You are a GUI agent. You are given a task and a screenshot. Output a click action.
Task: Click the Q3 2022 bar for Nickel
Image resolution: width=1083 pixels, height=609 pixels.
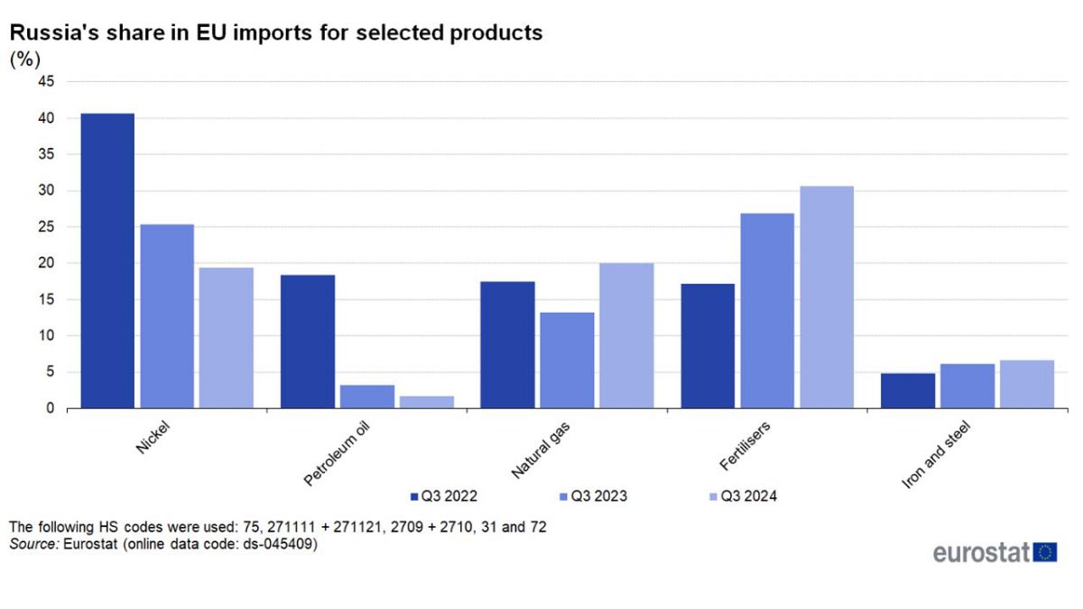[x=107, y=261]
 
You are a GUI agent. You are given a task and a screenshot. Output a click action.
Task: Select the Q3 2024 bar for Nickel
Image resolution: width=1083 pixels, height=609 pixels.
[x=227, y=338]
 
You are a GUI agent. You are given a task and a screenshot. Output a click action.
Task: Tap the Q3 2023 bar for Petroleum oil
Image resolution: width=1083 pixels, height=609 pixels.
[x=367, y=397]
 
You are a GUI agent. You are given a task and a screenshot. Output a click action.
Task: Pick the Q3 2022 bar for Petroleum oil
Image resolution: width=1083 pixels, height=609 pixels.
[x=308, y=342]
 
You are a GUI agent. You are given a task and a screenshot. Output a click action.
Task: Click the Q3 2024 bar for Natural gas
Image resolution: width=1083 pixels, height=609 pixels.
[x=626, y=336]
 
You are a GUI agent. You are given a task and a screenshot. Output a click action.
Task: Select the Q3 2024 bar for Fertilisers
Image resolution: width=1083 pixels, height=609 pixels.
[x=827, y=298]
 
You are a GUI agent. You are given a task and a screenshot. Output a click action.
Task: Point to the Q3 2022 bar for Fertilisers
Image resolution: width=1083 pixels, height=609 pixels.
[x=708, y=346]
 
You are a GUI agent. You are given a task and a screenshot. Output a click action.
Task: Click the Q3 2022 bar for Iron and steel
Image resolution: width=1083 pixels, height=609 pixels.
[x=908, y=391]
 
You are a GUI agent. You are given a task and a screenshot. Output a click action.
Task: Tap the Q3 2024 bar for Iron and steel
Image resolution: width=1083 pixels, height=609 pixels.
[x=1027, y=384]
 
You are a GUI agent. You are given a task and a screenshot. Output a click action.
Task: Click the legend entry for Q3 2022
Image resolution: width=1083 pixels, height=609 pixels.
[x=443, y=496]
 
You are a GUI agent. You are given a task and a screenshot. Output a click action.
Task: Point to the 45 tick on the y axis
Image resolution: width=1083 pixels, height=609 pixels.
[x=46, y=82]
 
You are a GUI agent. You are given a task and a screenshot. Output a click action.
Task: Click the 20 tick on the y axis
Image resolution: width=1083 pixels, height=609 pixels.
[x=46, y=263]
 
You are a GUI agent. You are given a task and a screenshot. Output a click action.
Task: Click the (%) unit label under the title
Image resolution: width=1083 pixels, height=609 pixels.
[x=23, y=60]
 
